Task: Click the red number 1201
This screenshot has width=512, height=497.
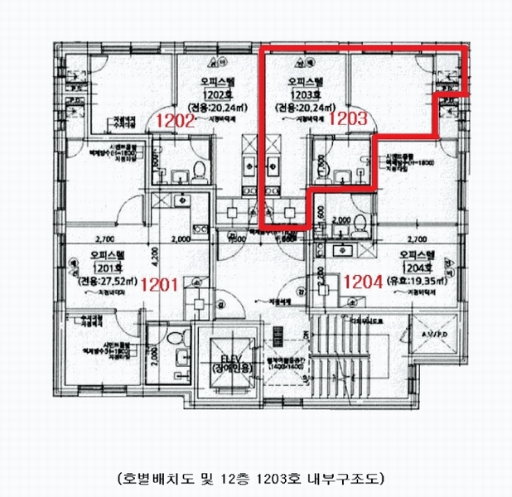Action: click(161, 285)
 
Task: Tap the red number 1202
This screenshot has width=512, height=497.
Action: click(176, 120)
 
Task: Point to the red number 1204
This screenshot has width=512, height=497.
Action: click(362, 282)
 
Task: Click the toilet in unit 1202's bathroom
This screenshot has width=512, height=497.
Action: click(199, 171)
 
